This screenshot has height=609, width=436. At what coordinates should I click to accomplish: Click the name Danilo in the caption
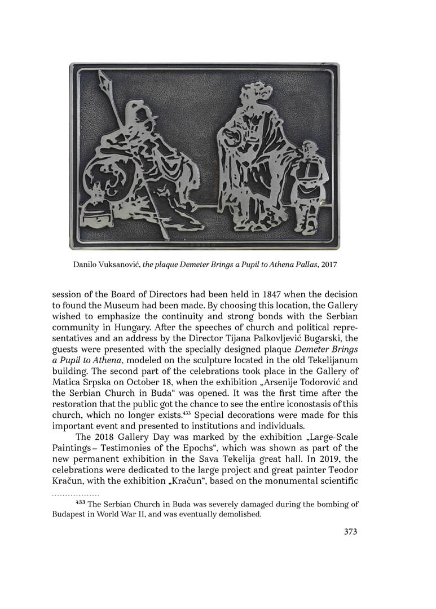(x=86, y=264)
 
